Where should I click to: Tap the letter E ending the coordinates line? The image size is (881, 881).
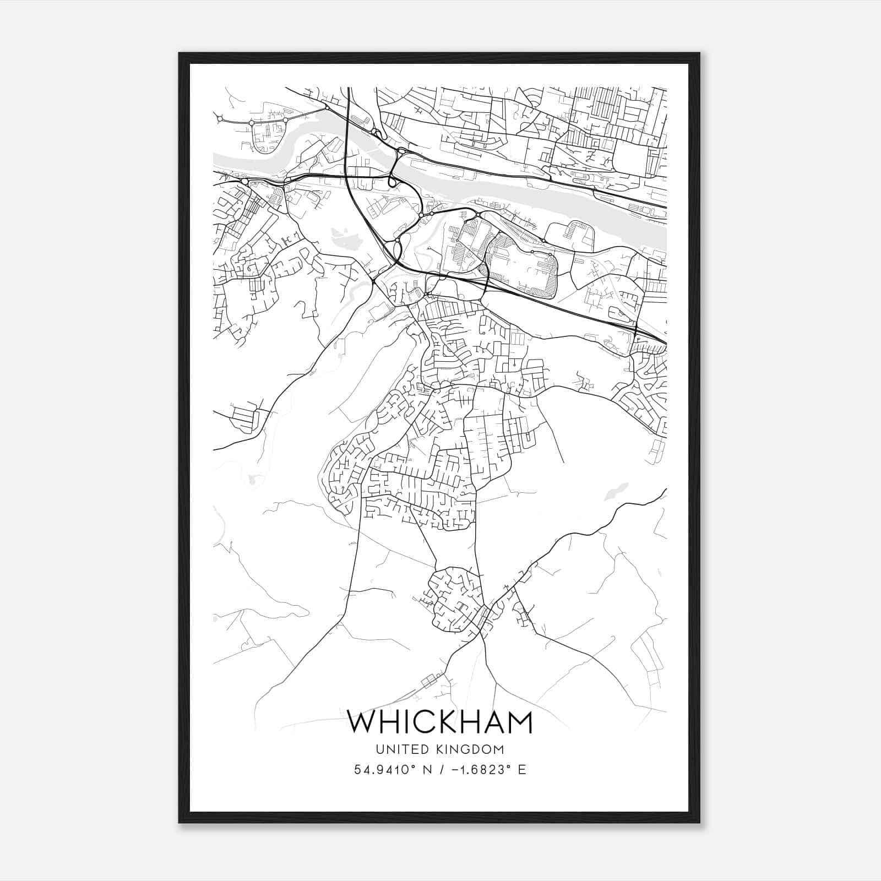[x=521, y=770]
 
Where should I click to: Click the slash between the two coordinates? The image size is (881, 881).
[x=439, y=770]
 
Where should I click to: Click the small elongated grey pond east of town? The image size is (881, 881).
[x=616, y=491]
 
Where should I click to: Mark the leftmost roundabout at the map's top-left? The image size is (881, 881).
[x=220, y=118]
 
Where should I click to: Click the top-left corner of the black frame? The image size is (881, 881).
[x=180, y=53]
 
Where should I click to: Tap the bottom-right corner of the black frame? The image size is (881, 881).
[x=699, y=822]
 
